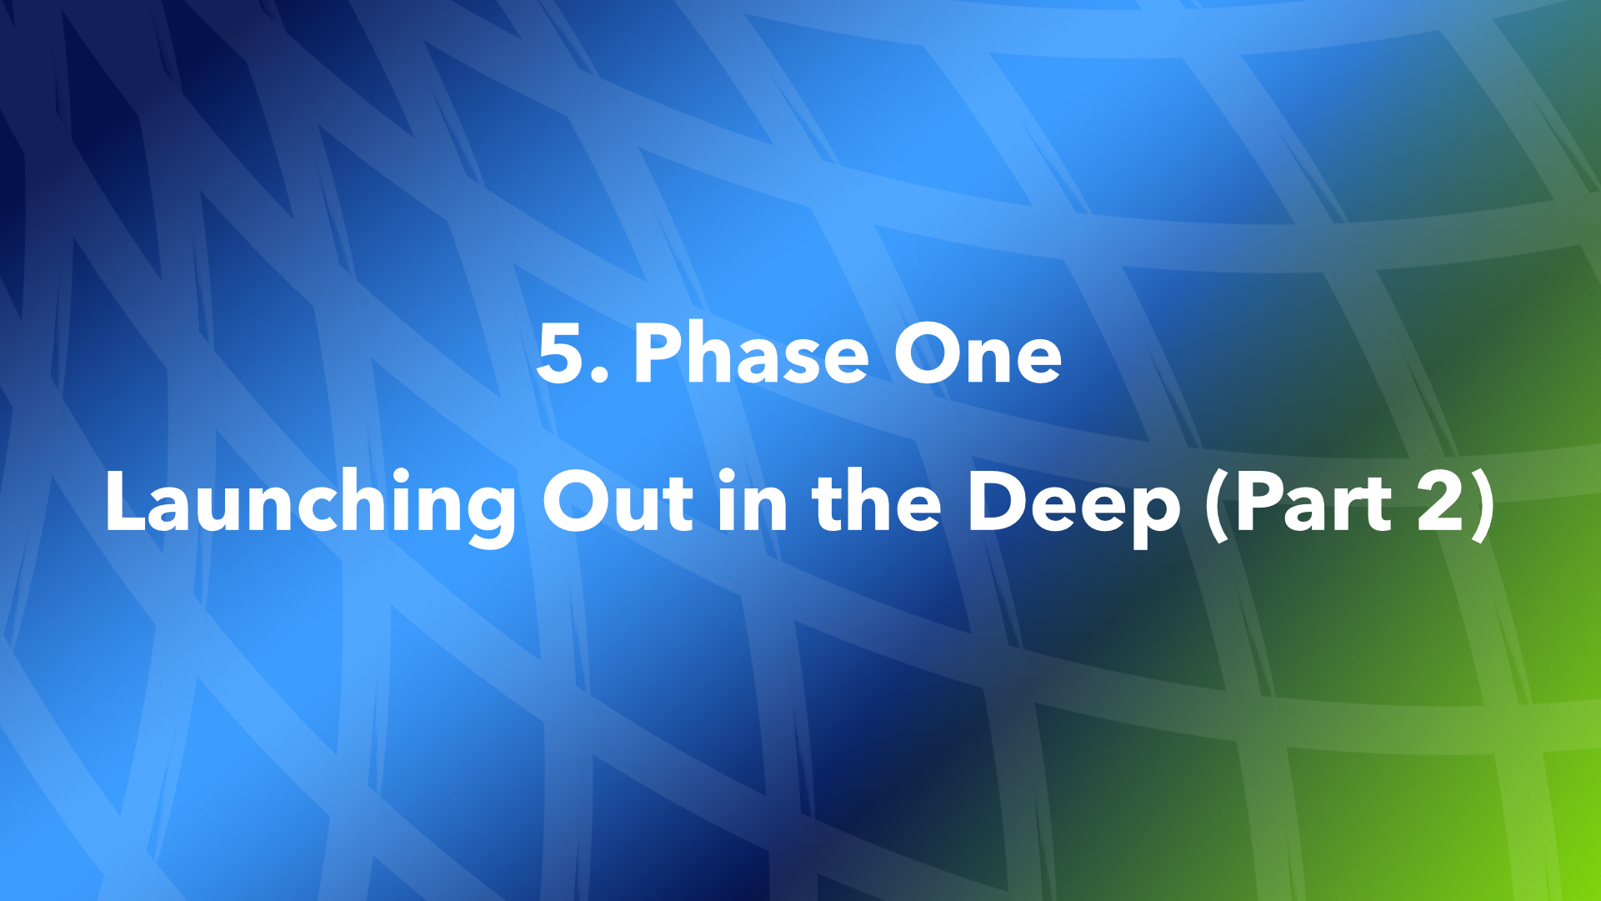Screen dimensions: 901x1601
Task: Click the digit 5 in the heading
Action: pyautogui.click(x=562, y=353)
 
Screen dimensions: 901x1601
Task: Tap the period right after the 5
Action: pyautogui.click(x=599, y=376)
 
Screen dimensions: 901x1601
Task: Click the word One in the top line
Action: pyautogui.click(x=977, y=353)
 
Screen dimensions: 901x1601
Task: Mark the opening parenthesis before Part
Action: pyautogui.click(x=1218, y=505)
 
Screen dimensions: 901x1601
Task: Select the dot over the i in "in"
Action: pyautogui.click(x=727, y=476)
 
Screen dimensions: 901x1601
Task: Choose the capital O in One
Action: pyautogui.click(x=924, y=353)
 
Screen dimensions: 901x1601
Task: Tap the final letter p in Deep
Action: pyautogui.click(x=1154, y=512)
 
